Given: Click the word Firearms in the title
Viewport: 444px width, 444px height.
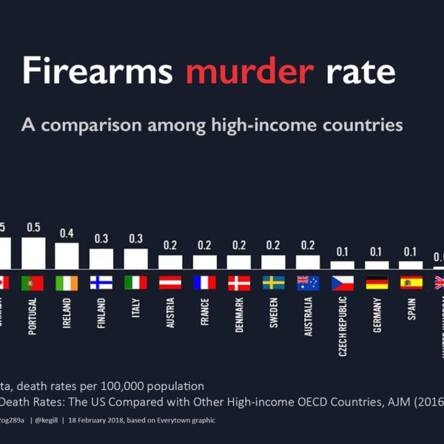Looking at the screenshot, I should (x=97, y=72).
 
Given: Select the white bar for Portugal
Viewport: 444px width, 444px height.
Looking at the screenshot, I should (x=33, y=253).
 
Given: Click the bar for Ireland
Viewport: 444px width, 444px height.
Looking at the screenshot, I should (x=67, y=255).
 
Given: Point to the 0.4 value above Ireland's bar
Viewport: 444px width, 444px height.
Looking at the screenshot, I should (x=67, y=233).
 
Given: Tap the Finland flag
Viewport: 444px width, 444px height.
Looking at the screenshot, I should (x=101, y=282).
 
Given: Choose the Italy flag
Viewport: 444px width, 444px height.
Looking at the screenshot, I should (x=135, y=282).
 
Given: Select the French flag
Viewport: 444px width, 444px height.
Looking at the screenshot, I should (x=204, y=282).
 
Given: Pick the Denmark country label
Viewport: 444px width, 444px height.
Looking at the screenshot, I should (x=238, y=315).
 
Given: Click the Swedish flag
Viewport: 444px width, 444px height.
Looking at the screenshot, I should (x=273, y=282).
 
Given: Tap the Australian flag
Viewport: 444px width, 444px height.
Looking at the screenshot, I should (x=308, y=282).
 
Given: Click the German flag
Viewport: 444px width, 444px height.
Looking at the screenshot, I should (x=377, y=282).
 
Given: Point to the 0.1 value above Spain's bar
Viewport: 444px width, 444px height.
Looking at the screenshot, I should (x=411, y=252).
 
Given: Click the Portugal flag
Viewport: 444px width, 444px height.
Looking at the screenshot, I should (x=33, y=282).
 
